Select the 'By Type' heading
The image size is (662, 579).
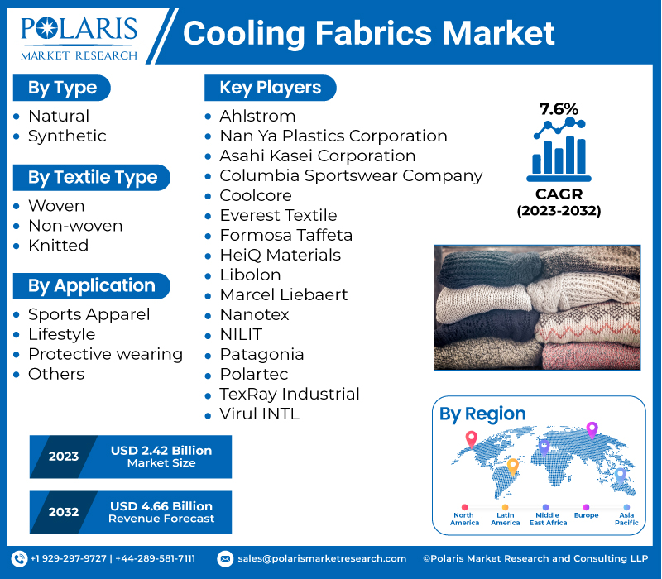coord(62,88)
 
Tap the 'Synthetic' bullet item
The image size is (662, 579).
coord(67,136)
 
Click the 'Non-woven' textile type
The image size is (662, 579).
coord(75,225)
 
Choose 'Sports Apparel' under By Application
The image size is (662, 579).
coord(89,314)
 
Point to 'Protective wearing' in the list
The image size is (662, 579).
coord(105,354)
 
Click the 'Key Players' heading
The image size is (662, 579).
coord(270,88)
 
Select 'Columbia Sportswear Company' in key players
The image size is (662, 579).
coord(351,175)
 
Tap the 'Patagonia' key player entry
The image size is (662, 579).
coord(261,354)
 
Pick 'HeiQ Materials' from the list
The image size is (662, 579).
coord(280,255)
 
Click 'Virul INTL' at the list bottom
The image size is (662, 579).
coord(259,414)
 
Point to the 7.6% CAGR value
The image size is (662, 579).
coord(559,108)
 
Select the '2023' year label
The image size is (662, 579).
coord(64,457)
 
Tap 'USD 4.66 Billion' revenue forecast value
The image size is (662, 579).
coord(161,505)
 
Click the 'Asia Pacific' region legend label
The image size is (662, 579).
coord(626,519)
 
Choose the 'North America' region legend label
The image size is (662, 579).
coord(464,519)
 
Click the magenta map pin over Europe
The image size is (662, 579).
coord(592,429)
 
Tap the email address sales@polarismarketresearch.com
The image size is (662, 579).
coord(321,559)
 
